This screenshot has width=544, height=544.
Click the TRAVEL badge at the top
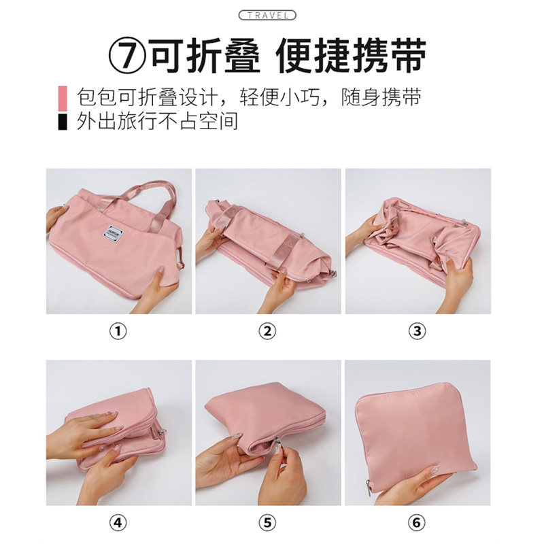pos(267,15)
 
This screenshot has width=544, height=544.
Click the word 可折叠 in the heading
pos(205,56)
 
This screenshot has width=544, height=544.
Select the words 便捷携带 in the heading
pos(352,56)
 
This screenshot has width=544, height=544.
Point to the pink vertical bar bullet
pos(63,97)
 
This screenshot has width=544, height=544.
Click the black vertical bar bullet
pos(63,122)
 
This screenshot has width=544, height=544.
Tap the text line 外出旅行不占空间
pos(157,122)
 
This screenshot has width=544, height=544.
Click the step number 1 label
pos(118,331)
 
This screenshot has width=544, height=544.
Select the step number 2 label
pos(268,331)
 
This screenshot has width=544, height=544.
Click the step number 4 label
pos(118,524)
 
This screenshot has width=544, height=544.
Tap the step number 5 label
pos(268,524)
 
